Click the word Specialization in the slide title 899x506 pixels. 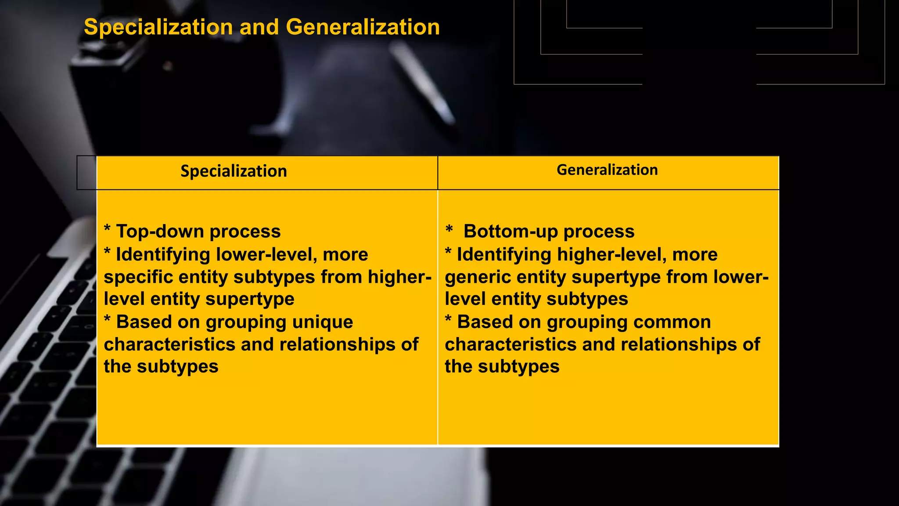158,27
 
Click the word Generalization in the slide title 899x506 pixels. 363,27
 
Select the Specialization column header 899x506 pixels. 234,171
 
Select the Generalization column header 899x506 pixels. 607,170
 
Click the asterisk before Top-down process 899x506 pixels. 107,229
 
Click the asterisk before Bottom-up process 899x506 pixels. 449,229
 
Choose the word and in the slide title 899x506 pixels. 259,27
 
